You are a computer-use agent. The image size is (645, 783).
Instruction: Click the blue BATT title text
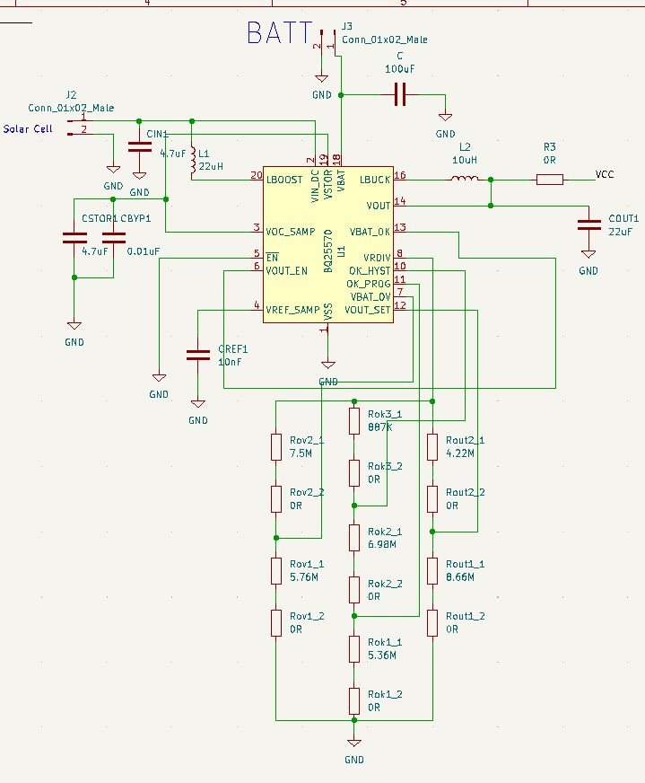pyautogui.click(x=279, y=34)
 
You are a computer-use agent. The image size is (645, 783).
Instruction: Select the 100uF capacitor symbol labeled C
pyautogui.click(x=400, y=93)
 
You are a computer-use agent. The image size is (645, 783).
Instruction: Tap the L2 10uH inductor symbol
pyautogui.click(x=464, y=180)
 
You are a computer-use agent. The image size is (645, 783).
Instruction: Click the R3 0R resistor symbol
pyautogui.click(x=550, y=180)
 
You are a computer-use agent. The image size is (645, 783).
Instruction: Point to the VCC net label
pyautogui.click(x=605, y=174)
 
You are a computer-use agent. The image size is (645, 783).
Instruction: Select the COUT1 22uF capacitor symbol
pyautogui.click(x=588, y=223)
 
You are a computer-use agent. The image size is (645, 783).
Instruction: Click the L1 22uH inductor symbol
pyautogui.click(x=193, y=160)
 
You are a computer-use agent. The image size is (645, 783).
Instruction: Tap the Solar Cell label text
pyautogui.click(x=28, y=129)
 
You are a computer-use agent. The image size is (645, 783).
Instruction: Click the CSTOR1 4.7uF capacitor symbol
pyautogui.click(x=74, y=238)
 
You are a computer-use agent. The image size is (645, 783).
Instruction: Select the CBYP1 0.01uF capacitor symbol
pyautogui.click(x=114, y=238)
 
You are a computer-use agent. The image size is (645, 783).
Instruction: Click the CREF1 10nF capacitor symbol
pyautogui.click(x=197, y=355)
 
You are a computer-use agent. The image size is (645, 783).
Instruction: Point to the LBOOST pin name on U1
pyautogui.click(x=286, y=180)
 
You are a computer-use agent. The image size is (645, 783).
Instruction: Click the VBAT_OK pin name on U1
pyautogui.click(x=370, y=231)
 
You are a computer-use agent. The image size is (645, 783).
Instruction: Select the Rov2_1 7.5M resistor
pyautogui.click(x=276, y=447)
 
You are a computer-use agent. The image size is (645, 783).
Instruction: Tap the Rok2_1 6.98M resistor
pyautogui.click(x=354, y=538)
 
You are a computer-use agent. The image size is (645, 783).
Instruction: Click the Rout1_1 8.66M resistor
pyautogui.click(x=432, y=570)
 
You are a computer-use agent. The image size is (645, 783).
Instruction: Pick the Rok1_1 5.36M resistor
pyautogui.click(x=354, y=648)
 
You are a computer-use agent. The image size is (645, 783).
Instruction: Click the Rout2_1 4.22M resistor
pyautogui.click(x=432, y=447)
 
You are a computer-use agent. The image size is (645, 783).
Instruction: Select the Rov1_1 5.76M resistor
pyautogui.click(x=276, y=570)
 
